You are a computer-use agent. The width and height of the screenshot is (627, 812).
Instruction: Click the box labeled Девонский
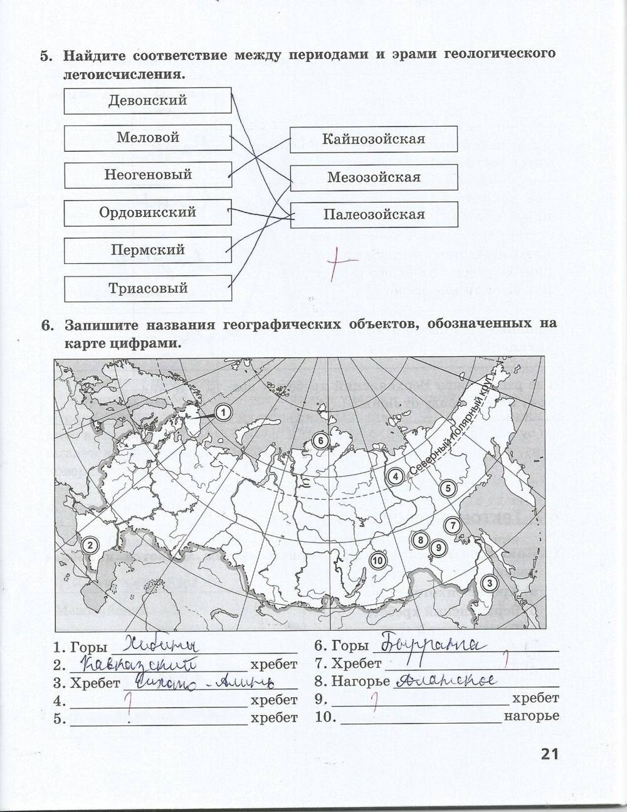[148, 100]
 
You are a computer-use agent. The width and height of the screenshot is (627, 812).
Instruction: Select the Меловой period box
[148, 138]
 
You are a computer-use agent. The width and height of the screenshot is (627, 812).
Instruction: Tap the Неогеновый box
[148, 175]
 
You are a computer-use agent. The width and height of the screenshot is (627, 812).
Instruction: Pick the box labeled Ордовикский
[148, 213]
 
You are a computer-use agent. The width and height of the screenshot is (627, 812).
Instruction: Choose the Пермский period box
[148, 250]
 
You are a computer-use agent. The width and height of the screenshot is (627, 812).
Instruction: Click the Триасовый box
[148, 288]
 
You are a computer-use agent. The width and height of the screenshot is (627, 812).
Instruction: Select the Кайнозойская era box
[374, 139]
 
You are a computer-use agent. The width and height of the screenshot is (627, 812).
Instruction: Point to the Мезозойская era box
[374, 177]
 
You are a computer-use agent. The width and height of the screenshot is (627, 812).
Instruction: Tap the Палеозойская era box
[374, 214]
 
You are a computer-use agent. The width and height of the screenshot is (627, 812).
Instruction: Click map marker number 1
[223, 412]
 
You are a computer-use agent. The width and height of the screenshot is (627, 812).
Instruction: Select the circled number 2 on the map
[90, 545]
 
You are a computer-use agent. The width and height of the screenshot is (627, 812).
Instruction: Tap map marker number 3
[489, 583]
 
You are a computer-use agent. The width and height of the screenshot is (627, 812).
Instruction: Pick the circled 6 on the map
[320, 441]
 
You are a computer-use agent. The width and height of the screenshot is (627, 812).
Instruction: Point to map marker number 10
[377, 561]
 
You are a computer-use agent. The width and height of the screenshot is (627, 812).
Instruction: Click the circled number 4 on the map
[394, 477]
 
